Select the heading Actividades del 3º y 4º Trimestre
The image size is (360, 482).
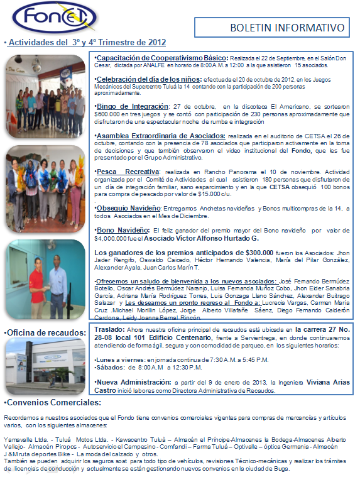click(86, 43)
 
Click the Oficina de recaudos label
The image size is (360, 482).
click(45, 332)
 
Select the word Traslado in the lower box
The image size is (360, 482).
click(109, 329)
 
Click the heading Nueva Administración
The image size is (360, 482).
click(134, 381)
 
